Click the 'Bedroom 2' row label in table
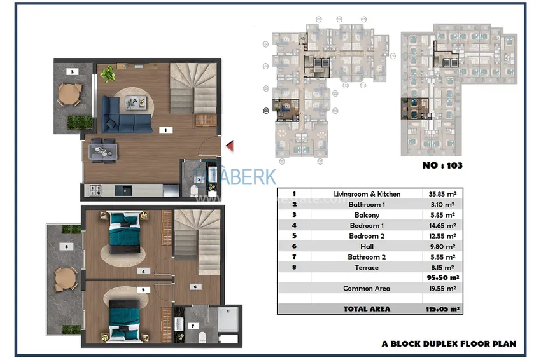tap(366, 236)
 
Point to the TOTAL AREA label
tap(366, 309)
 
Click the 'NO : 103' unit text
tap(441, 165)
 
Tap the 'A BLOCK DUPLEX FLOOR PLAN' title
tap(449, 344)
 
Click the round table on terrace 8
tap(64, 278)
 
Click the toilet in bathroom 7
tap(200, 336)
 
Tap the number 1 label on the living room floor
tap(165, 130)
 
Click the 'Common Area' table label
tap(366, 289)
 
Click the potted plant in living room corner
tap(107, 74)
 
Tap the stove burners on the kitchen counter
tap(97, 190)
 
